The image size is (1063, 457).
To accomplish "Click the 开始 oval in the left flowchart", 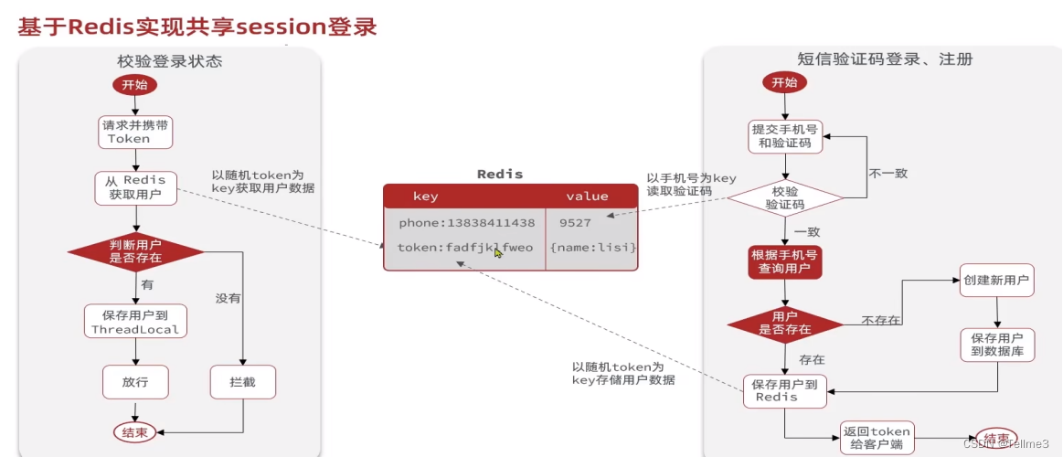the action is [x=135, y=84].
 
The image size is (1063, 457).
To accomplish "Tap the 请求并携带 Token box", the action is [x=135, y=132].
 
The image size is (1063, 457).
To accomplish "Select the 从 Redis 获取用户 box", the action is [x=135, y=187].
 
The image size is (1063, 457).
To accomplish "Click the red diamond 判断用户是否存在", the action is [x=135, y=251].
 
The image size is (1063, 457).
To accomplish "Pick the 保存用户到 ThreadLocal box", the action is [x=135, y=322].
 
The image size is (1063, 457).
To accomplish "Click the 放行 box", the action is [x=135, y=382].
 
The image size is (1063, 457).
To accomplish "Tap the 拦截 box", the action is [x=242, y=382].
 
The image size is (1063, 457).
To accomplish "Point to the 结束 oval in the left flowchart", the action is [x=135, y=432].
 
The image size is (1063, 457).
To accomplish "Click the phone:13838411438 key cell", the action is [x=466, y=222].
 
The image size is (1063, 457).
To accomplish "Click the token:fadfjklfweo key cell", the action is [x=464, y=248].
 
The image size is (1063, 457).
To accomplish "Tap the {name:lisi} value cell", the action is [x=592, y=248].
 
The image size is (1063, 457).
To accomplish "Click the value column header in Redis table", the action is [x=587, y=196].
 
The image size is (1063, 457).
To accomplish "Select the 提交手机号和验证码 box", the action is [x=785, y=136].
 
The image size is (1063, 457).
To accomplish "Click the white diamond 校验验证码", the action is [x=785, y=197].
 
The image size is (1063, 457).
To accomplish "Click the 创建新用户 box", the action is [x=996, y=280].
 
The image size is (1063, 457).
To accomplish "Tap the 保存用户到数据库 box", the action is [x=996, y=344].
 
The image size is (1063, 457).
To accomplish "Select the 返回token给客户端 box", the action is [x=877, y=438].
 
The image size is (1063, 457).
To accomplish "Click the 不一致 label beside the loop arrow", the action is [x=888, y=173].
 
